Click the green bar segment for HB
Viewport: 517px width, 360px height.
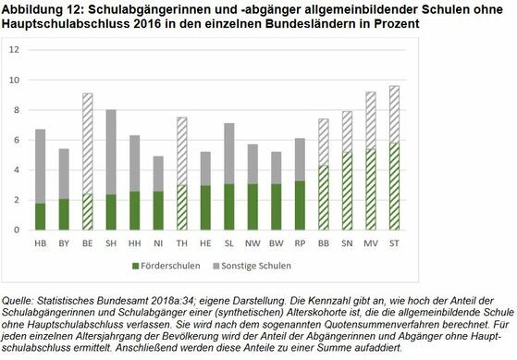pyautogui.click(x=40, y=216)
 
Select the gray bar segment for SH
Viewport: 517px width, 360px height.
pyautogui.click(x=111, y=152)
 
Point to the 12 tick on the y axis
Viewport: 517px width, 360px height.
pyautogui.click(x=13, y=50)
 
